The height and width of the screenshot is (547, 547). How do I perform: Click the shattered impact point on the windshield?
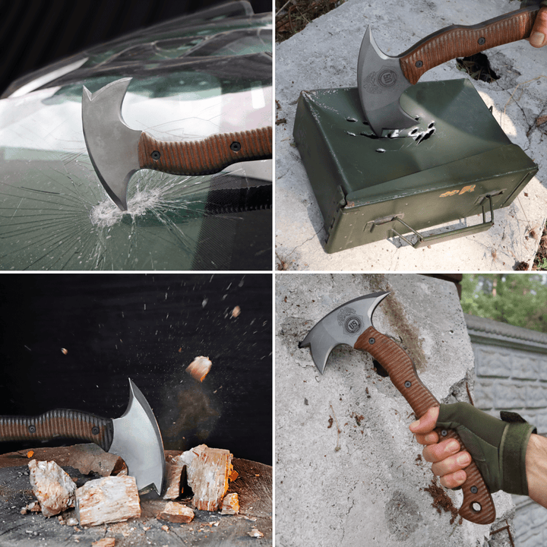(x=110, y=213)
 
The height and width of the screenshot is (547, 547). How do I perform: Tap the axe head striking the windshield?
(x=110, y=137)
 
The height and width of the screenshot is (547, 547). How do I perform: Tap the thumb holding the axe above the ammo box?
(x=538, y=34)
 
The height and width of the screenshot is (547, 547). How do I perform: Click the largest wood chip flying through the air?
(x=199, y=368)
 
